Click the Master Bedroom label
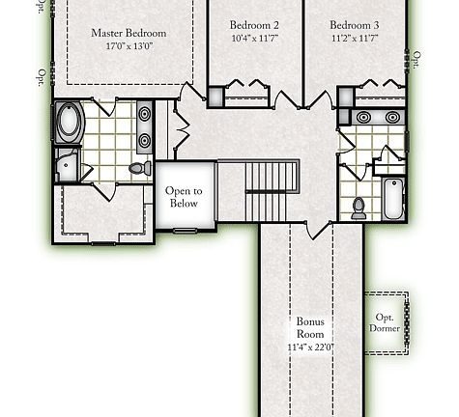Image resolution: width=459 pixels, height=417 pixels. click(129, 33)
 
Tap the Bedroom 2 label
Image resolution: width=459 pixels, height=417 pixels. click(254, 25)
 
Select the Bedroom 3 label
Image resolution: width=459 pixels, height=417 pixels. click(354, 25)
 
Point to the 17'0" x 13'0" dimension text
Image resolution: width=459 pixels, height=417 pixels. click(129, 45)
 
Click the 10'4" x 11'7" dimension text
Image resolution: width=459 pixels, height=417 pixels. click(254, 38)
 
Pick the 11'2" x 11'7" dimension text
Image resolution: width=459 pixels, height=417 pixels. click(354, 38)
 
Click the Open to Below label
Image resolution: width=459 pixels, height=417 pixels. click(184, 197)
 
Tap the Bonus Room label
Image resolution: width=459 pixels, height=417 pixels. click(310, 327)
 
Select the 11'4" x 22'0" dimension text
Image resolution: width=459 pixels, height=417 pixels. click(310, 347)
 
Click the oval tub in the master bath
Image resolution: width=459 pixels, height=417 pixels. click(71, 123)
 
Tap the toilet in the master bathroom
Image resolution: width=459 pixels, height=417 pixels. click(137, 168)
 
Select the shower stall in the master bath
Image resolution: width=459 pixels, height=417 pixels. click(68, 165)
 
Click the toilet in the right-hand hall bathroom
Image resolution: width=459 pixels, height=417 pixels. click(359, 207)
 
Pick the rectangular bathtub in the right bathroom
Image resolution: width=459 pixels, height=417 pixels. click(390, 198)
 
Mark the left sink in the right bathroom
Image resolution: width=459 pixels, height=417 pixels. click(364, 118)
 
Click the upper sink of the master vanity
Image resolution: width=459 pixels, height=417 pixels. click(145, 114)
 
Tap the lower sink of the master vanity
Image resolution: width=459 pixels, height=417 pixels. click(145, 140)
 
